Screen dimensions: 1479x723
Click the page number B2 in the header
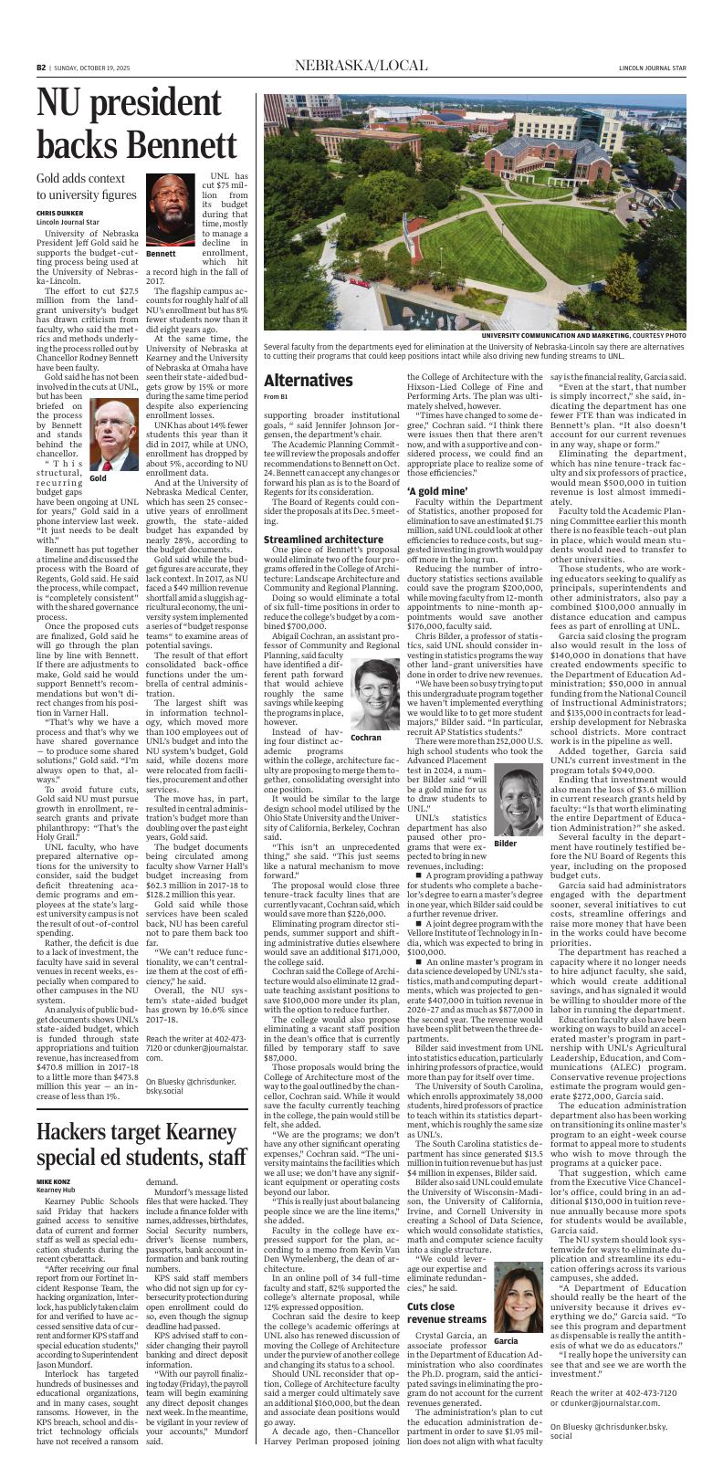(x=41, y=68)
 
